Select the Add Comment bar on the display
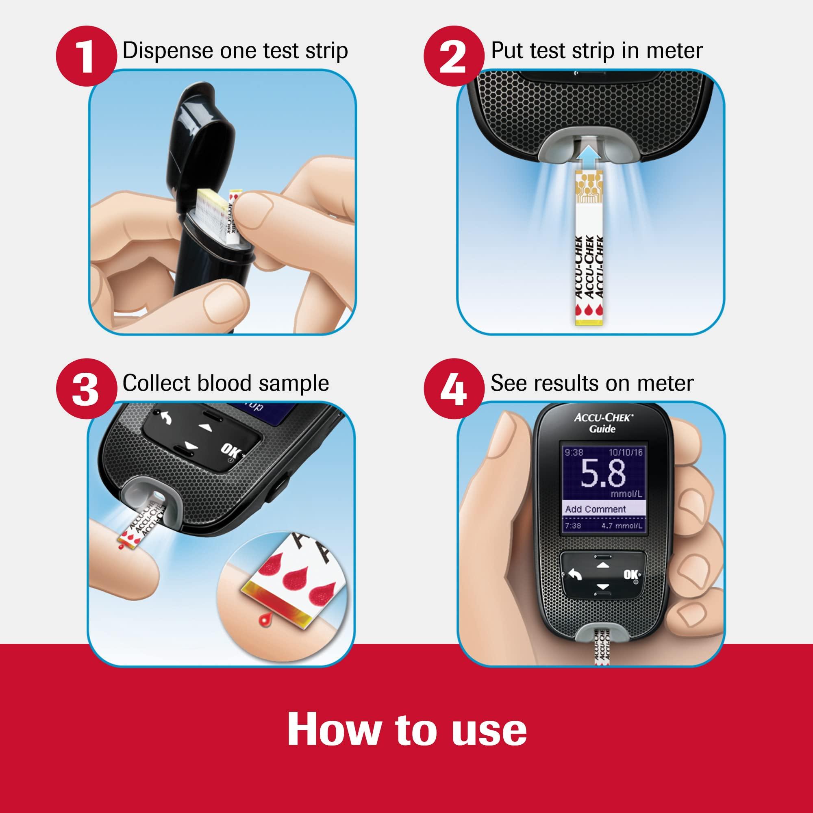[596, 509]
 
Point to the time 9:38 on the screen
[574, 452]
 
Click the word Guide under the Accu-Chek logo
[603, 429]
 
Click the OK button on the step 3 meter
[228, 451]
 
